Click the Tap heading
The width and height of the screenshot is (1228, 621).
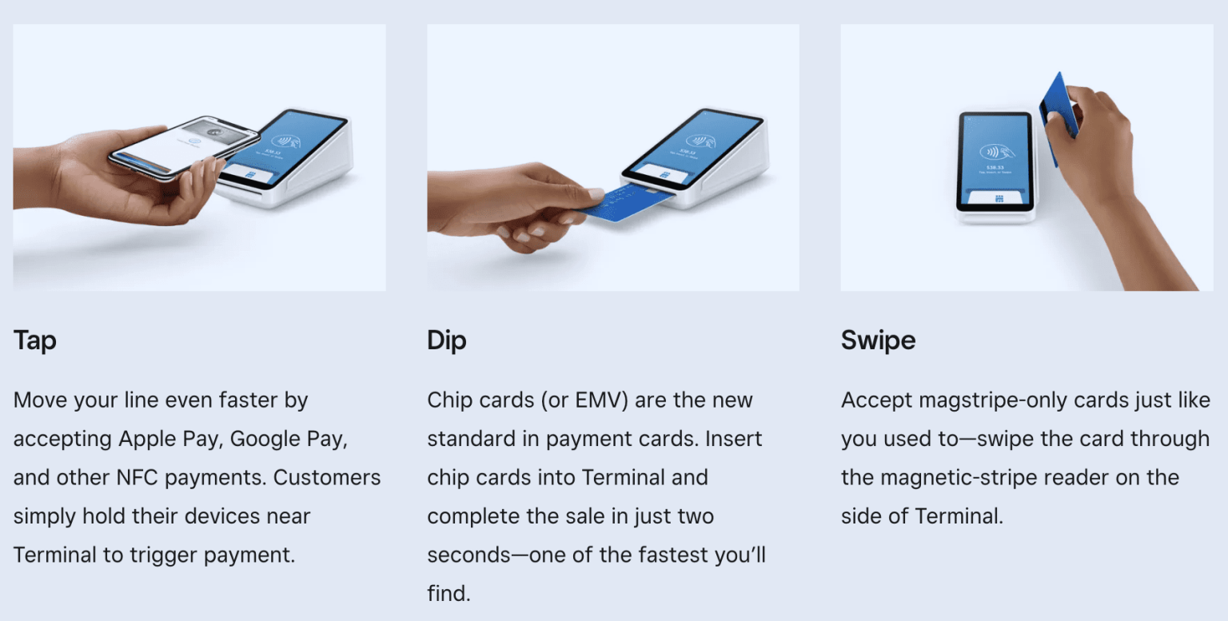click(34, 340)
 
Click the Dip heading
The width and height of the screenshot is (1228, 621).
click(446, 340)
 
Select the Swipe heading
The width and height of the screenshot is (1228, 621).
click(878, 340)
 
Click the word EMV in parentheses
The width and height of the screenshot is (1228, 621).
click(595, 400)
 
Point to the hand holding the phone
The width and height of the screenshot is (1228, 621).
click(96, 180)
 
